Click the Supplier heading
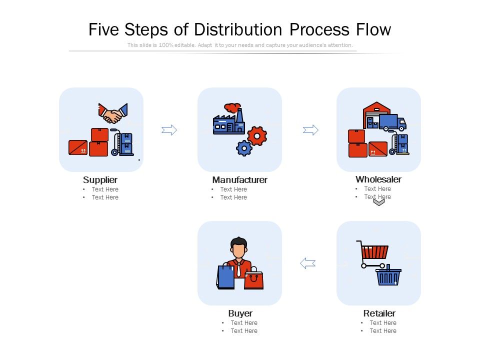[x=100, y=179]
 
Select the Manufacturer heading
[x=240, y=179]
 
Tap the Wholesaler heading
[x=378, y=179]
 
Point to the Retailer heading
[x=379, y=313]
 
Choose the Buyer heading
[x=240, y=313]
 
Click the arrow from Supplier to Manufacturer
[x=169, y=130]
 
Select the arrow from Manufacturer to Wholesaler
[x=310, y=130]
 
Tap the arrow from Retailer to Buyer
[x=307, y=263]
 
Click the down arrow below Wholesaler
[x=379, y=201]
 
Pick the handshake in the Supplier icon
[x=113, y=114]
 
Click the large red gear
[x=257, y=135]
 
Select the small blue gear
[x=244, y=148]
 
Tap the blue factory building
[x=227, y=124]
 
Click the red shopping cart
[x=373, y=251]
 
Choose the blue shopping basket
[x=388, y=277]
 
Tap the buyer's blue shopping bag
[x=225, y=276]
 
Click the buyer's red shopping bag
[x=253, y=280]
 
